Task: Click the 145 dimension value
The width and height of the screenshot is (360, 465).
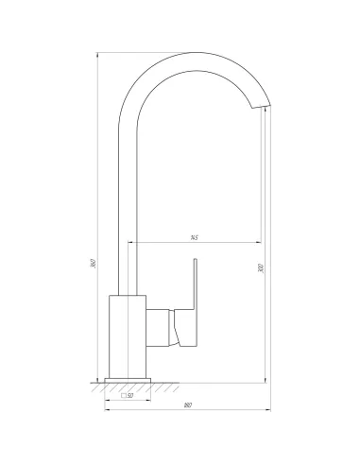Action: pos(193,237)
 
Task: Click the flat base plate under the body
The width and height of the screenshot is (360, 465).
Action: pos(129,379)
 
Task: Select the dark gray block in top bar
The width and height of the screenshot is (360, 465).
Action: pos(197,47)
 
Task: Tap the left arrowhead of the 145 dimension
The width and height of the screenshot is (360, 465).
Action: pos(131,242)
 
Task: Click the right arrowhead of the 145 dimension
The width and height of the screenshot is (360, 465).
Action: pos(262,242)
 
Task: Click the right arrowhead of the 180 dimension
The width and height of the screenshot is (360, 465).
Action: pos(266,411)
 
